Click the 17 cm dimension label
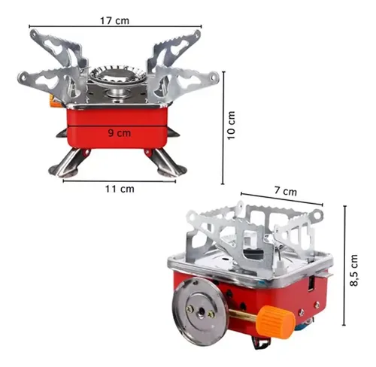[115, 20]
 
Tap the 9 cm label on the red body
[120, 132]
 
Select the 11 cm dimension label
[120, 189]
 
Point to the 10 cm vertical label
[231, 125]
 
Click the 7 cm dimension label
[286, 191]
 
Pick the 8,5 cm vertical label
[354, 270]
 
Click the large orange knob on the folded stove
[275, 322]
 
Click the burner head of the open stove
[117, 74]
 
